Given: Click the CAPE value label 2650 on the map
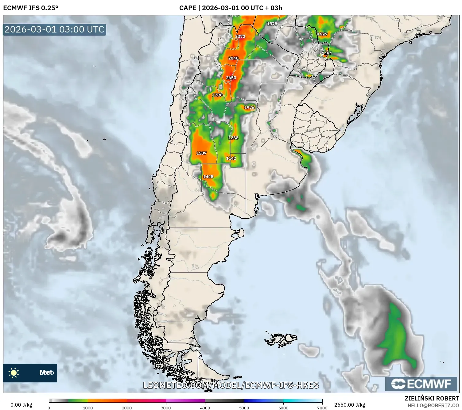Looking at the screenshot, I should [x=231, y=78].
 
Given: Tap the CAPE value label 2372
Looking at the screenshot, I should [x=240, y=36].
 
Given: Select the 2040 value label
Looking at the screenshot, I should [x=233, y=58].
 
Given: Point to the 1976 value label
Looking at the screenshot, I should [x=249, y=108].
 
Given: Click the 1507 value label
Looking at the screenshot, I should [x=201, y=153].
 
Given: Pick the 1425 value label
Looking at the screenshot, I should [x=208, y=177].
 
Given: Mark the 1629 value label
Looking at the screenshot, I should [x=322, y=34].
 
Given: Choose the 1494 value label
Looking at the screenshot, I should [x=327, y=53].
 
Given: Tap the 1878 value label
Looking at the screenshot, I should [x=272, y=24].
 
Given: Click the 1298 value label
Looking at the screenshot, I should [x=217, y=95].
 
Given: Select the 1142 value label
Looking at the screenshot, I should [x=231, y=159].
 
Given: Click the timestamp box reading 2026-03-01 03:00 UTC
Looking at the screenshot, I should [x=54, y=29].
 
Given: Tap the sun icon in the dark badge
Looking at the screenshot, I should [x=14, y=373].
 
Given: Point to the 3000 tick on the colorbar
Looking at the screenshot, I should [x=166, y=408].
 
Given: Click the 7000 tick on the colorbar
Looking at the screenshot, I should [x=322, y=408].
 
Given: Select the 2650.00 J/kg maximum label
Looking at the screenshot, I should [x=350, y=405].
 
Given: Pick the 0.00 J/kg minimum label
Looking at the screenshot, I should [x=21, y=405].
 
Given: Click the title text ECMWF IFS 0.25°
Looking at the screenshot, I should [x=31, y=8].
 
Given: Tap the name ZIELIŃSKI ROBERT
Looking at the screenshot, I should [x=432, y=398].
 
